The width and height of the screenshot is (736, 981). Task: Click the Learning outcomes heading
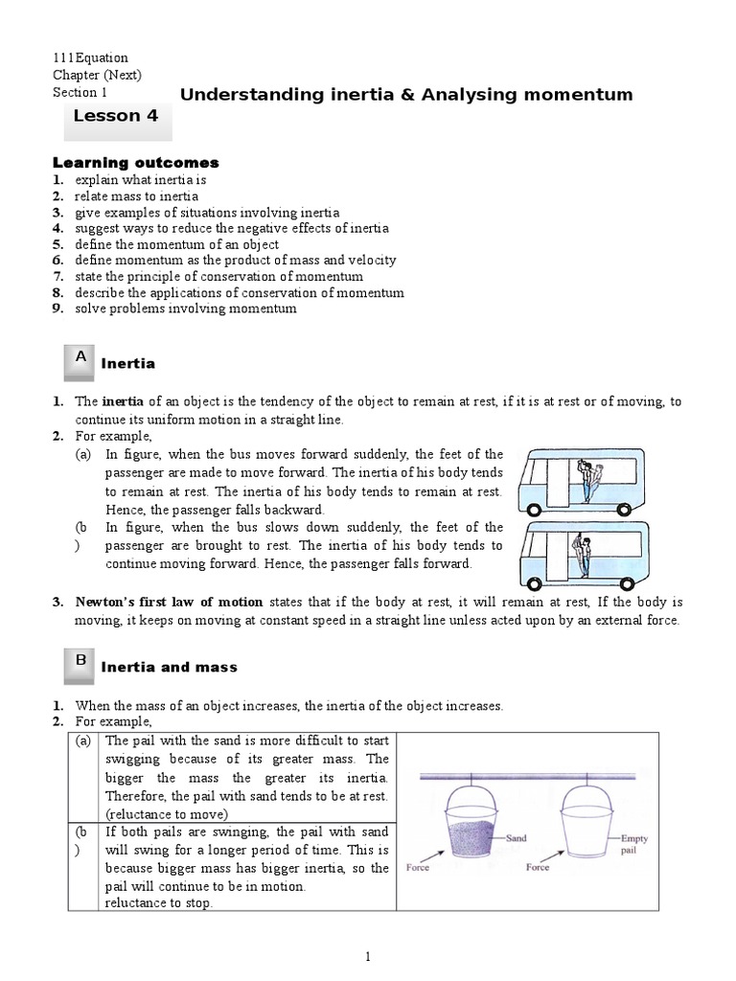(x=135, y=163)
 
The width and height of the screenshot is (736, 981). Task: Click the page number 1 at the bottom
(x=368, y=956)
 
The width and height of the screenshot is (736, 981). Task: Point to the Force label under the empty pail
(x=537, y=867)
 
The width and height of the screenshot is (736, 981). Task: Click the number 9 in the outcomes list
(x=57, y=308)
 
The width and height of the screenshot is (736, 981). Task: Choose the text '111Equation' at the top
(x=90, y=57)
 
